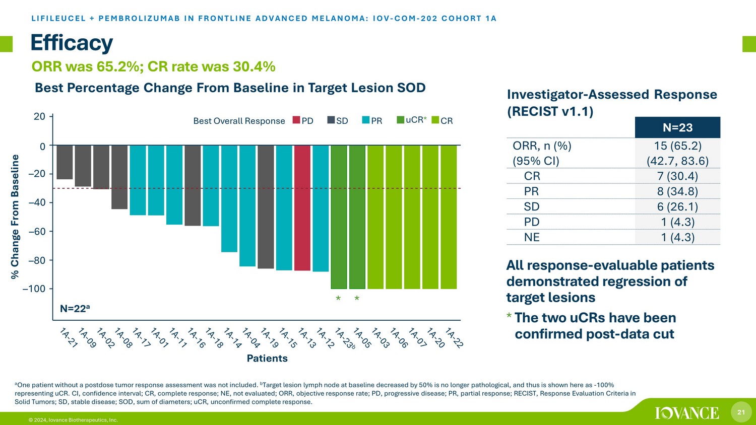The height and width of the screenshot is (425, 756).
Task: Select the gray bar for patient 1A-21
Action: coord(65,162)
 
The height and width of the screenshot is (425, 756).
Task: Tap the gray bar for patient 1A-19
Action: coord(266,206)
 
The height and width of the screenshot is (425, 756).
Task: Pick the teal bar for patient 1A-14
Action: coord(229,198)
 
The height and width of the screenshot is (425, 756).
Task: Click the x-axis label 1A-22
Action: coord(454,338)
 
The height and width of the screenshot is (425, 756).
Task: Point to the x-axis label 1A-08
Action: coord(123,338)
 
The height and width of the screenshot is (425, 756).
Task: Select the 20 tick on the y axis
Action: coord(39,116)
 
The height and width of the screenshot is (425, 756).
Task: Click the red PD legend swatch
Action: coord(296,120)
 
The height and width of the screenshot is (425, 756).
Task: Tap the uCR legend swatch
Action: coord(401,120)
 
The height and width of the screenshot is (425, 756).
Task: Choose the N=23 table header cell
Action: coord(677,127)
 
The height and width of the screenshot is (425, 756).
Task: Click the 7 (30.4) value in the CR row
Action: coord(677,176)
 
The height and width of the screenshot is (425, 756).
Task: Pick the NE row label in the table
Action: coord(532,237)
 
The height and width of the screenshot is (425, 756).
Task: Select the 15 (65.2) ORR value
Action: coord(677,146)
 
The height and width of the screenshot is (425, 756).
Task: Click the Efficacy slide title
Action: coord(72,43)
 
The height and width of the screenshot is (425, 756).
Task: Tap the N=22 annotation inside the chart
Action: coord(75,309)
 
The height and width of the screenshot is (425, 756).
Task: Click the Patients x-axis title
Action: coord(267,359)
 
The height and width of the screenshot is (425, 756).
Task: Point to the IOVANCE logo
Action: coord(687,413)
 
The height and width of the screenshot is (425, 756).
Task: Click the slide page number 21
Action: coord(741,412)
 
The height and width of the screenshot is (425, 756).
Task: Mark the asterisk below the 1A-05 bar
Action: coord(357,299)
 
